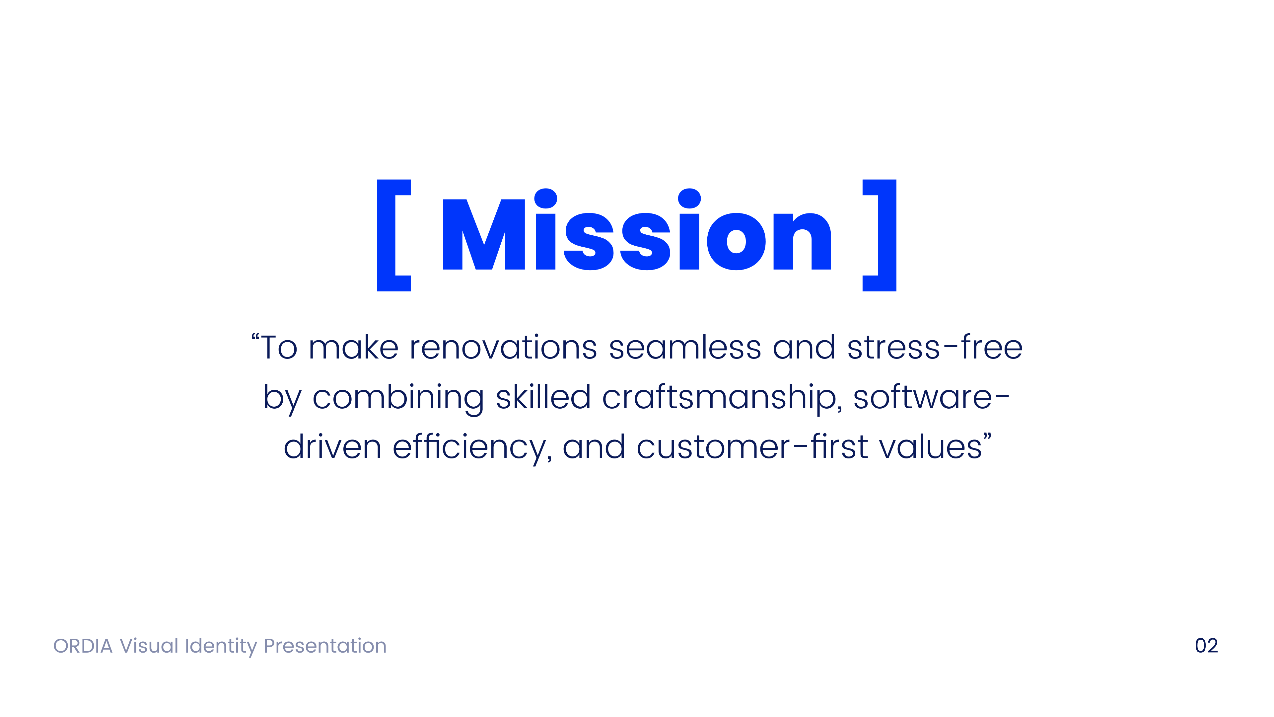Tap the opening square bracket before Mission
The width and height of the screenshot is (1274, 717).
(393, 235)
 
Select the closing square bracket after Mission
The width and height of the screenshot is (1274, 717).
(880, 235)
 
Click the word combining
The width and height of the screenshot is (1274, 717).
(398, 397)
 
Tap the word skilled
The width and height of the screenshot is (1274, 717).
(543, 397)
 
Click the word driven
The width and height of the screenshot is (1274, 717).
(332, 447)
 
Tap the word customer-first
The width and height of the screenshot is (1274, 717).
(752, 447)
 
